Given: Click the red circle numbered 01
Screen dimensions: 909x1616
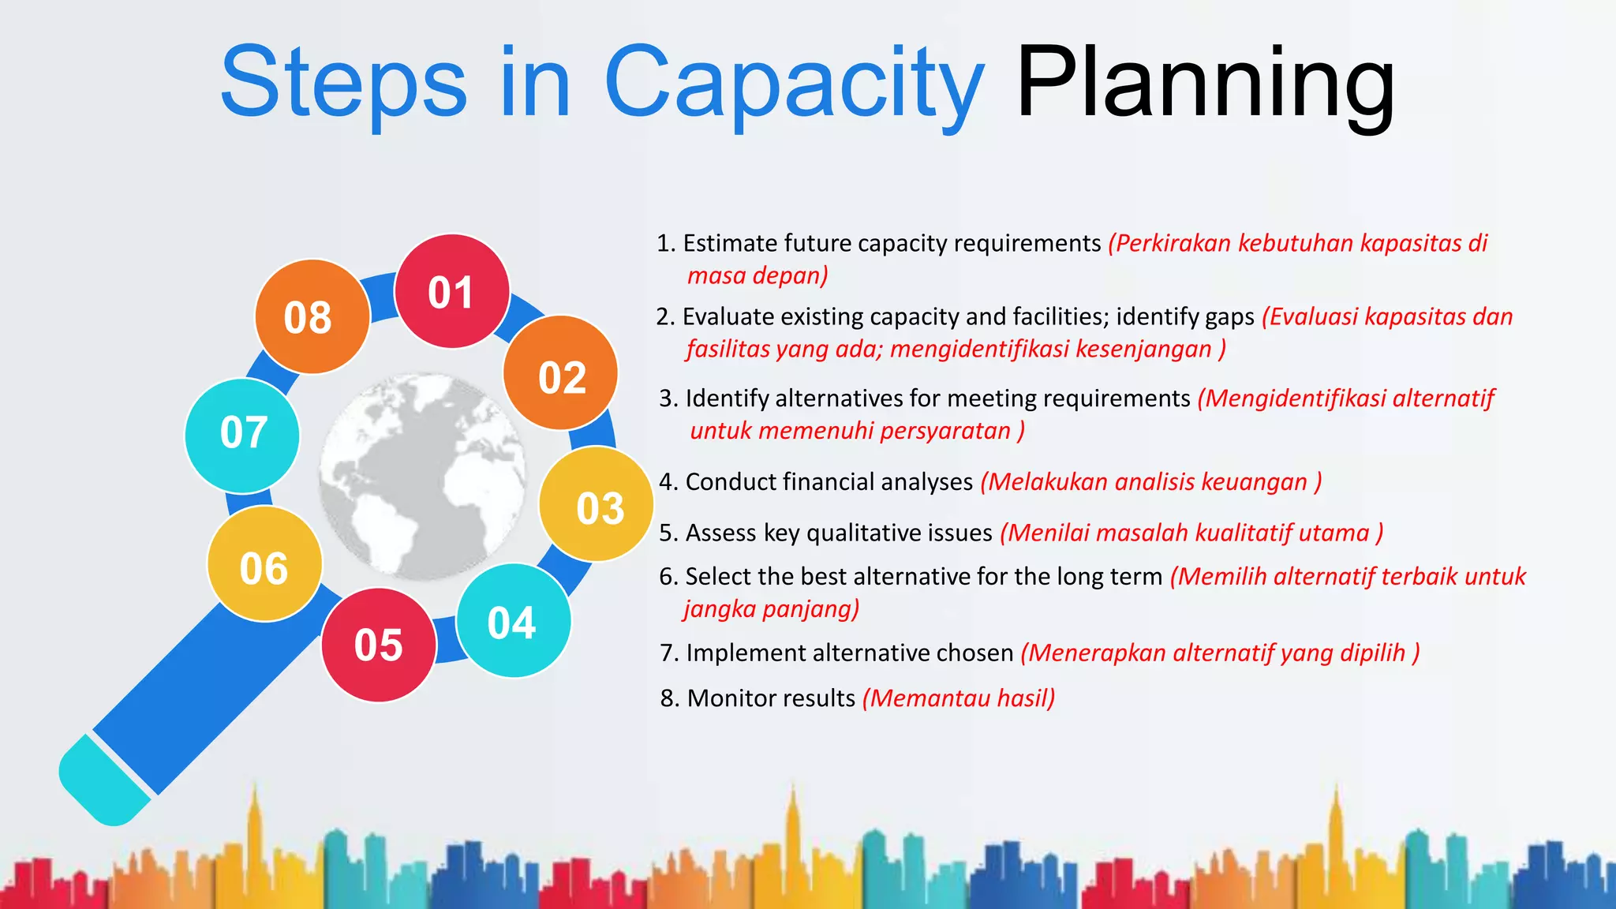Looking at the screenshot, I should [x=451, y=292].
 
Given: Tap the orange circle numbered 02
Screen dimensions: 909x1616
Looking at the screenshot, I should [x=561, y=374].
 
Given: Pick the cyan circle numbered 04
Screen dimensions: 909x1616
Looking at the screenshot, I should [x=513, y=621].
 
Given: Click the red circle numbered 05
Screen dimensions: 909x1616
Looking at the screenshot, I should [x=379, y=645].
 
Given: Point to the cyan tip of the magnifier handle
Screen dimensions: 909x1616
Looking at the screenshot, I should [x=103, y=781].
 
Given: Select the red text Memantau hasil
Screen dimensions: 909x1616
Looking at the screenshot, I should [x=959, y=698].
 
